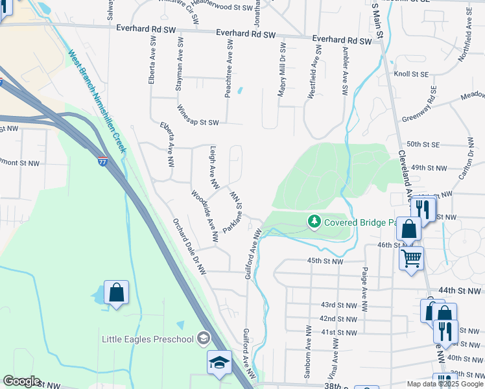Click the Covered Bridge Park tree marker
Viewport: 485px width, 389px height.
point(314,222)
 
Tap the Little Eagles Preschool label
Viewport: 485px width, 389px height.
point(148,339)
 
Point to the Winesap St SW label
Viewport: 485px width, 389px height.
point(198,122)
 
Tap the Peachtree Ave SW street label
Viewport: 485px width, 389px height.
point(228,67)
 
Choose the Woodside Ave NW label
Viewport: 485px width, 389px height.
point(205,217)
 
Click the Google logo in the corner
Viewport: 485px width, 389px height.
point(21,381)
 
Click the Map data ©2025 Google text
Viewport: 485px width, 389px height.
point(444,384)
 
